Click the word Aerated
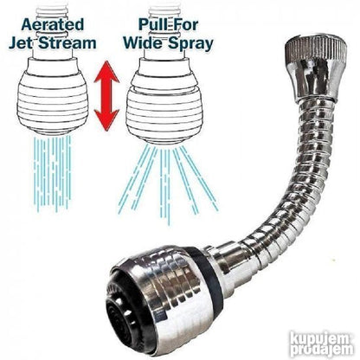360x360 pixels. pyautogui.click(x=53, y=24)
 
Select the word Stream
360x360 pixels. pyautogui.click(x=67, y=43)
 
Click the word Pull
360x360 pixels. pyautogui.click(x=153, y=24)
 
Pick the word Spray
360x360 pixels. pyautogui.click(x=190, y=44)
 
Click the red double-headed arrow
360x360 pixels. pyautogui.click(x=107, y=96)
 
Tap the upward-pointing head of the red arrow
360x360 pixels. pyautogui.click(x=107, y=72)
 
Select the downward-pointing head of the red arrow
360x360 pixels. pyautogui.click(x=107, y=120)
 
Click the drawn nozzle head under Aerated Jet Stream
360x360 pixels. pyautogui.click(x=52, y=96)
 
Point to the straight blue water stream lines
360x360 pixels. pyautogui.click(x=52, y=173)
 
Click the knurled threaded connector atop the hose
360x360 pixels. pyautogui.click(x=312, y=67)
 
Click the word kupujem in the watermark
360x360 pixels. pyautogui.click(x=321, y=337)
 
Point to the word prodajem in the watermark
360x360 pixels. pyautogui.click(x=322, y=350)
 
